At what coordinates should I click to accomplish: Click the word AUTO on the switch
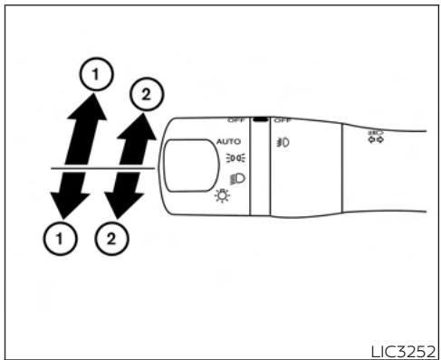[228, 141]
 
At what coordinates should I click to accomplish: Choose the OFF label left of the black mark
[237, 119]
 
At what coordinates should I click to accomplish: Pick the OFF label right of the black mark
[281, 119]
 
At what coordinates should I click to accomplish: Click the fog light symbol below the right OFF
[283, 141]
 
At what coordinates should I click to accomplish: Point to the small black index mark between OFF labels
[260, 118]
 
